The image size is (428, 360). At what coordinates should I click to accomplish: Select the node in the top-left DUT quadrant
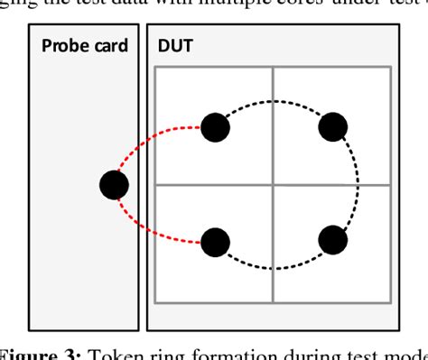(215, 127)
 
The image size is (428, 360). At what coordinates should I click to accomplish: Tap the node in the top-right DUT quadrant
(332, 127)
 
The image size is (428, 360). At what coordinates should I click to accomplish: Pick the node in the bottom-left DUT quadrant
(215, 241)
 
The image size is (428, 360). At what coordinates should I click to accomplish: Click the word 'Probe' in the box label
(65, 46)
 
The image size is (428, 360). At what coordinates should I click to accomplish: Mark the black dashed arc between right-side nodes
(358, 184)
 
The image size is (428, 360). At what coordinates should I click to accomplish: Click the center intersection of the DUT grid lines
(274, 185)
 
